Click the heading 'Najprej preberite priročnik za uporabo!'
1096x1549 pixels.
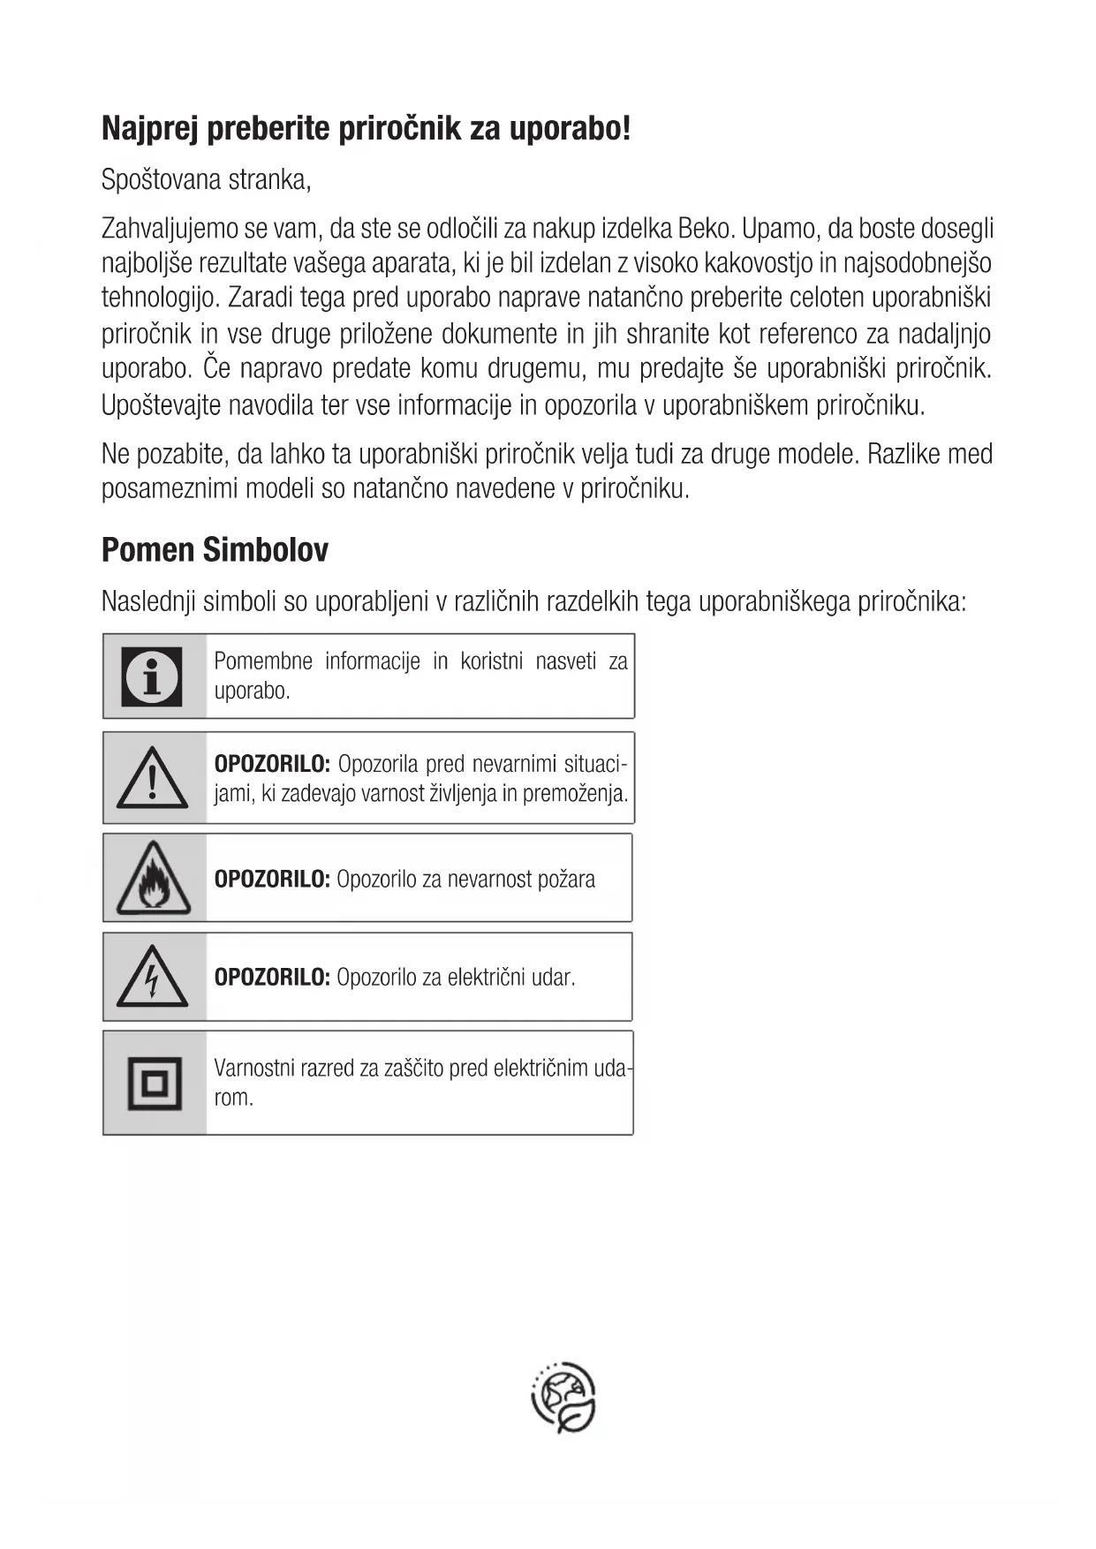(x=366, y=129)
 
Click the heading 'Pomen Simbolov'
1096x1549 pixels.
(x=215, y=550)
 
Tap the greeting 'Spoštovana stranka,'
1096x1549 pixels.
(x=207, y=180)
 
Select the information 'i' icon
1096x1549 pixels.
(x=152, y=676)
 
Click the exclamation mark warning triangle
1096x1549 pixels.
(x=153, y=779)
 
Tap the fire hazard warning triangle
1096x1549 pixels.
(x=153, y=880)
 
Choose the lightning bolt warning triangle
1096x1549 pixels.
(x=153, y=978)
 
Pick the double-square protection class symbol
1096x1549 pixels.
(x=155, y=1083)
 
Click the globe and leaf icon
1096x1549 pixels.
(x=563, y=1397)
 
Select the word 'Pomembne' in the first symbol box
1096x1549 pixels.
(x=263, y=661)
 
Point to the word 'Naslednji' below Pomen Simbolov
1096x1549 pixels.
(x=148, y=602)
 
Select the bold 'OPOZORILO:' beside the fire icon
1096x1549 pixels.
(x=272, y=880)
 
